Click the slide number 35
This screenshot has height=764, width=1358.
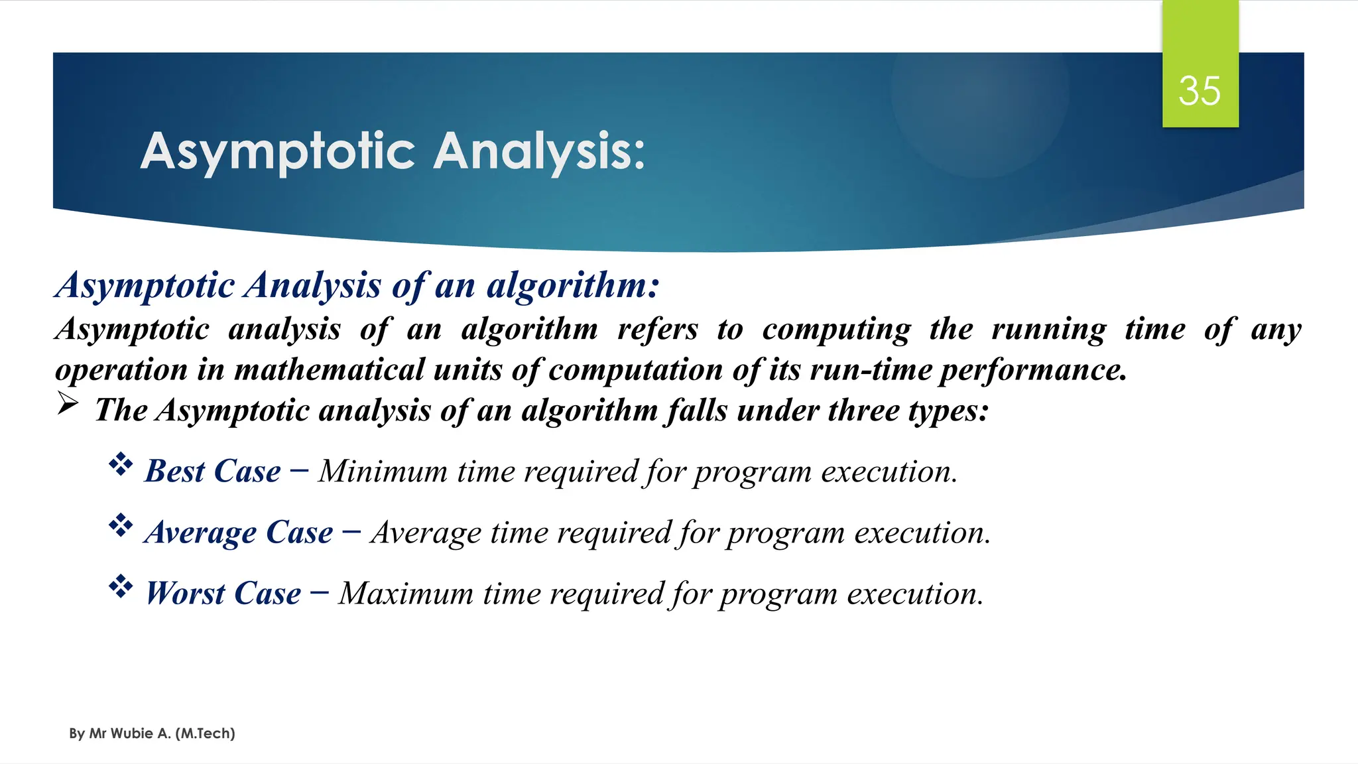click(1199, 91)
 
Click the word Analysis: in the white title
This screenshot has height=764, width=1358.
click(539, 151)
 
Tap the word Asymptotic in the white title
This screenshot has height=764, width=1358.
click(278, 151)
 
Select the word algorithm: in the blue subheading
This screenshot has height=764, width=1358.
click(573, 286)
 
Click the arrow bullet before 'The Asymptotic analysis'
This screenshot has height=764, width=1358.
click(68, 403)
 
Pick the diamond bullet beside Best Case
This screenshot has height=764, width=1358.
click(121, 464)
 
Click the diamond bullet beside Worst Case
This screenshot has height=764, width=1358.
click(121, 586)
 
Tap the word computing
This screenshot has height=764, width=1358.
click(836, 330)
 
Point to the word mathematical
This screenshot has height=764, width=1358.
click(330, 370)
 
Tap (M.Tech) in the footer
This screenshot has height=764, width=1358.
click(205, 733)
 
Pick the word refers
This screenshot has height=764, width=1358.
click(657, 330)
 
